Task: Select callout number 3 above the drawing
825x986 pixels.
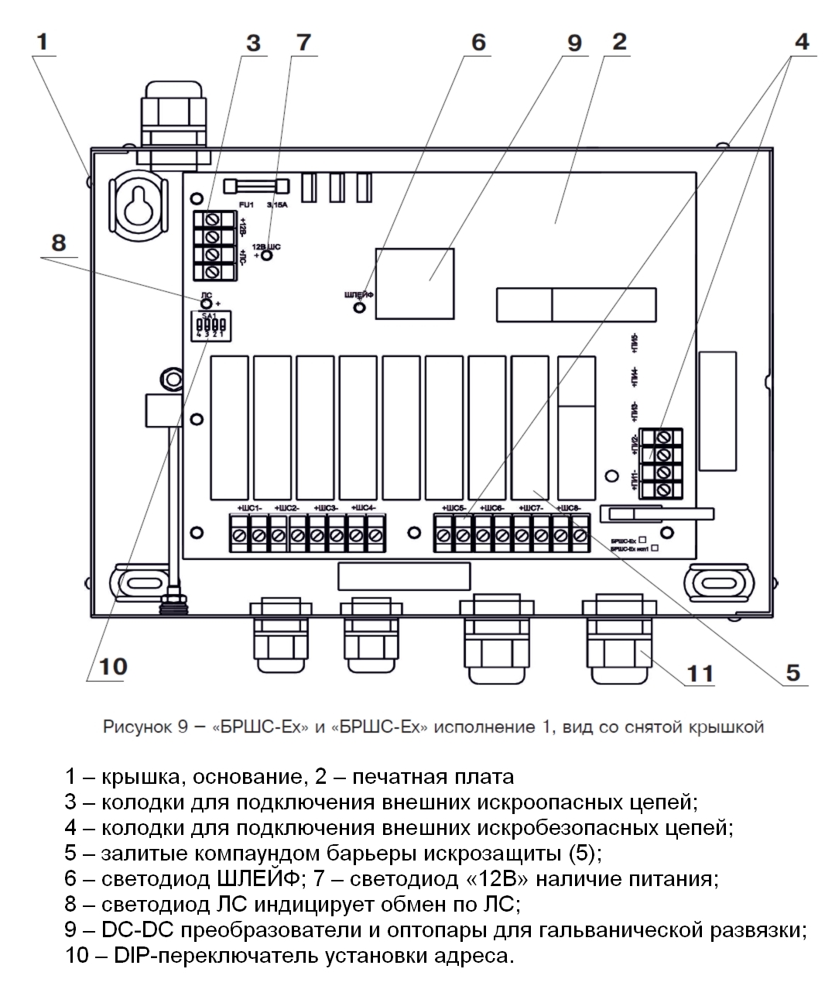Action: [x=253, y=43]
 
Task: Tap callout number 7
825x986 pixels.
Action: [x=303, y=42]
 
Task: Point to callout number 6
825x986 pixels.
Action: [x=478, y=42]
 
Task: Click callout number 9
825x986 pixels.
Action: [x=573, y=43]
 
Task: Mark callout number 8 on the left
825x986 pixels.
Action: [x=59, y=242]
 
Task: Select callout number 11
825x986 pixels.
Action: [x=700, y=673]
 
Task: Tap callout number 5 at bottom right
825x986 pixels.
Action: [x=792, y=672]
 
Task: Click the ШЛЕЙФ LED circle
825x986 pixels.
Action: [x=359, y=307]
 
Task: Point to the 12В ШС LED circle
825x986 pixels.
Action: [x=266, y=255]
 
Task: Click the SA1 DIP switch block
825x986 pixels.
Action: [x=210, y=326]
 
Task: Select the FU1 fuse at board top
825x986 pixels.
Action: [x=255, y=186]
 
